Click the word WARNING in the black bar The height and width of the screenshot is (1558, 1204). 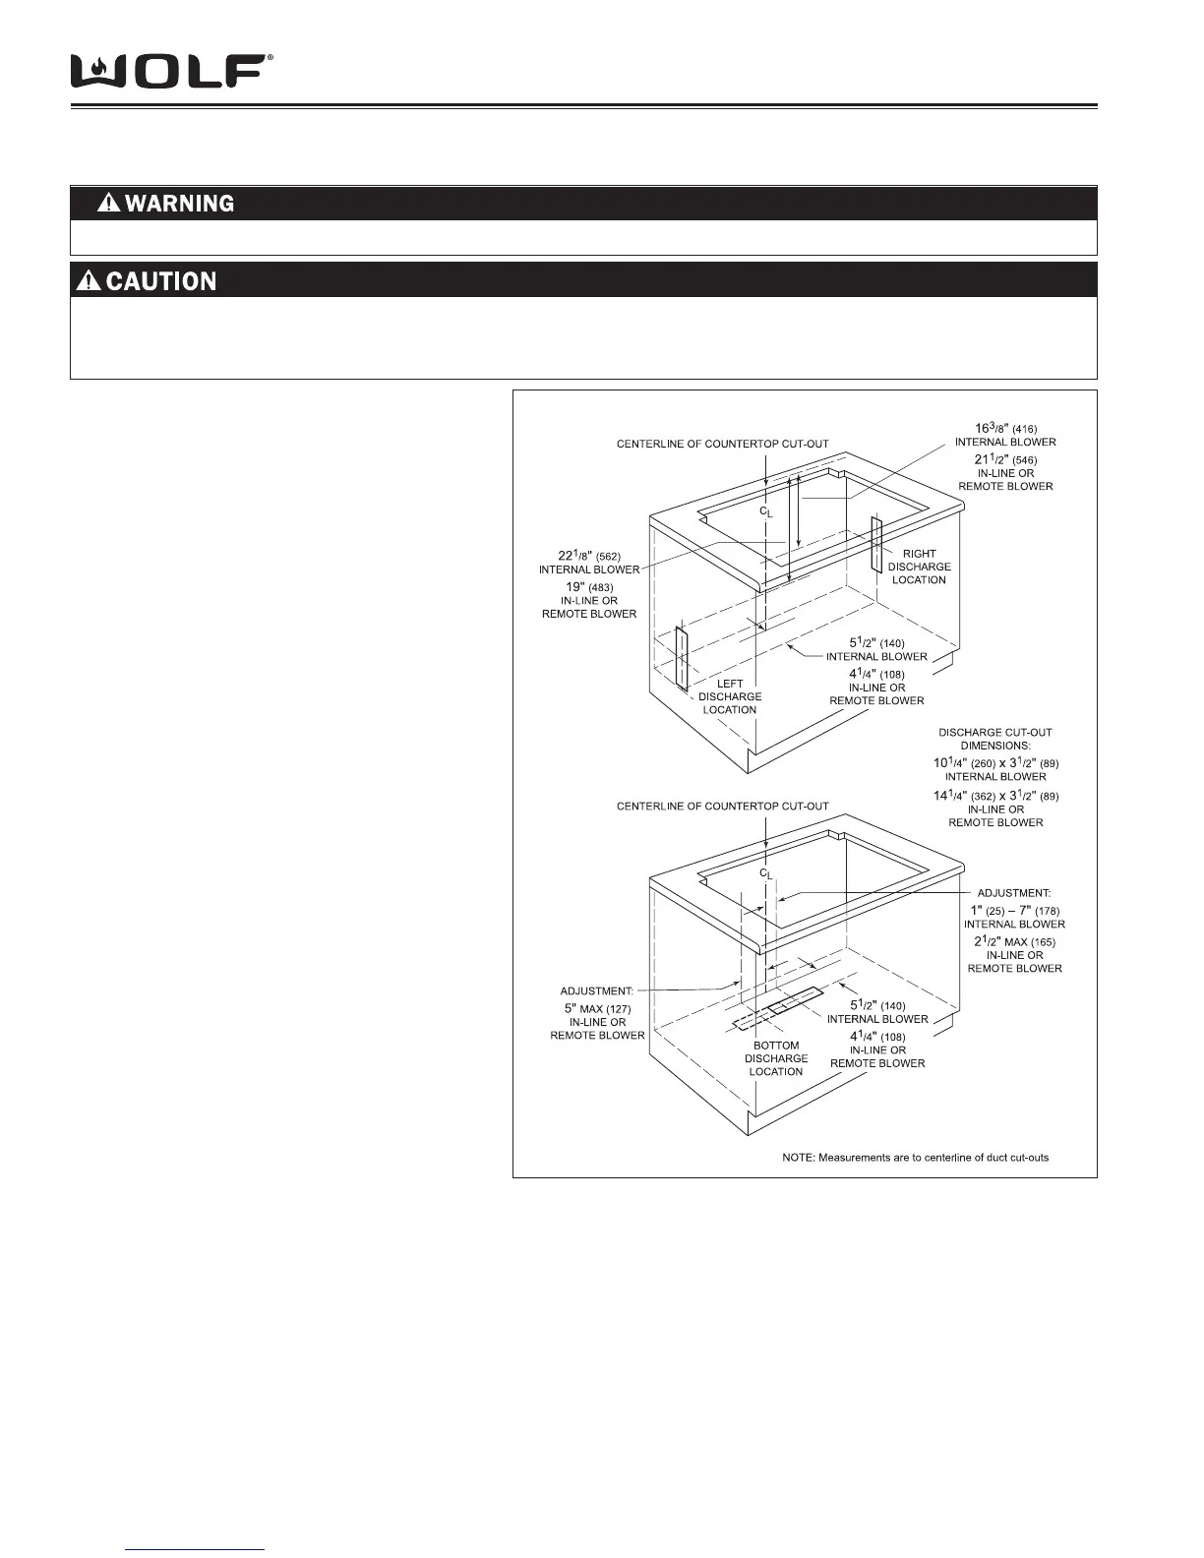click(180, 204)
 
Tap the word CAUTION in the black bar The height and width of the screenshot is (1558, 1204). click(161, 281)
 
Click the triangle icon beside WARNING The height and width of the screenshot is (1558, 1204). click(108, 204)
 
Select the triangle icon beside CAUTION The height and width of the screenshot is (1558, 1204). click(90, 281)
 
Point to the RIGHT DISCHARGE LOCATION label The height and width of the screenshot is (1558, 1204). click(919, 567)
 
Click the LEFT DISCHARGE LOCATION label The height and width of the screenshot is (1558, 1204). click(730, 696)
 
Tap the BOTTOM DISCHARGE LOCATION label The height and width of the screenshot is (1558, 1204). click(776, 1058)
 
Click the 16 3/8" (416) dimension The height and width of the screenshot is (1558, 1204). click(1005, 429)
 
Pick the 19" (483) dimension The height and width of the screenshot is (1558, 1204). click(589, 587)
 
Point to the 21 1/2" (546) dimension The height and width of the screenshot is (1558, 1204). click(1005, 459)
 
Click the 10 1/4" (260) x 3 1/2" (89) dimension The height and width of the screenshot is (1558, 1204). click(995, 763)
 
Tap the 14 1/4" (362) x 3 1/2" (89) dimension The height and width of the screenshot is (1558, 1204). click(995, 796)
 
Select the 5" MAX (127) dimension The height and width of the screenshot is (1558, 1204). click(597, 1009)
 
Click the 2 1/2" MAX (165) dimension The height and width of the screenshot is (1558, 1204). click(1014, 942)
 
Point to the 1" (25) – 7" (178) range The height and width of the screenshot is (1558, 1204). click(1014, 911)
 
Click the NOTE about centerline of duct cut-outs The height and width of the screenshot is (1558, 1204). click(915, 1157)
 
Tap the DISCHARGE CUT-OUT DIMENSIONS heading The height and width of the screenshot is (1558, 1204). click(995, 739)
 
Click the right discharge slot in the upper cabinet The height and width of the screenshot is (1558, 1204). click(876, 546)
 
